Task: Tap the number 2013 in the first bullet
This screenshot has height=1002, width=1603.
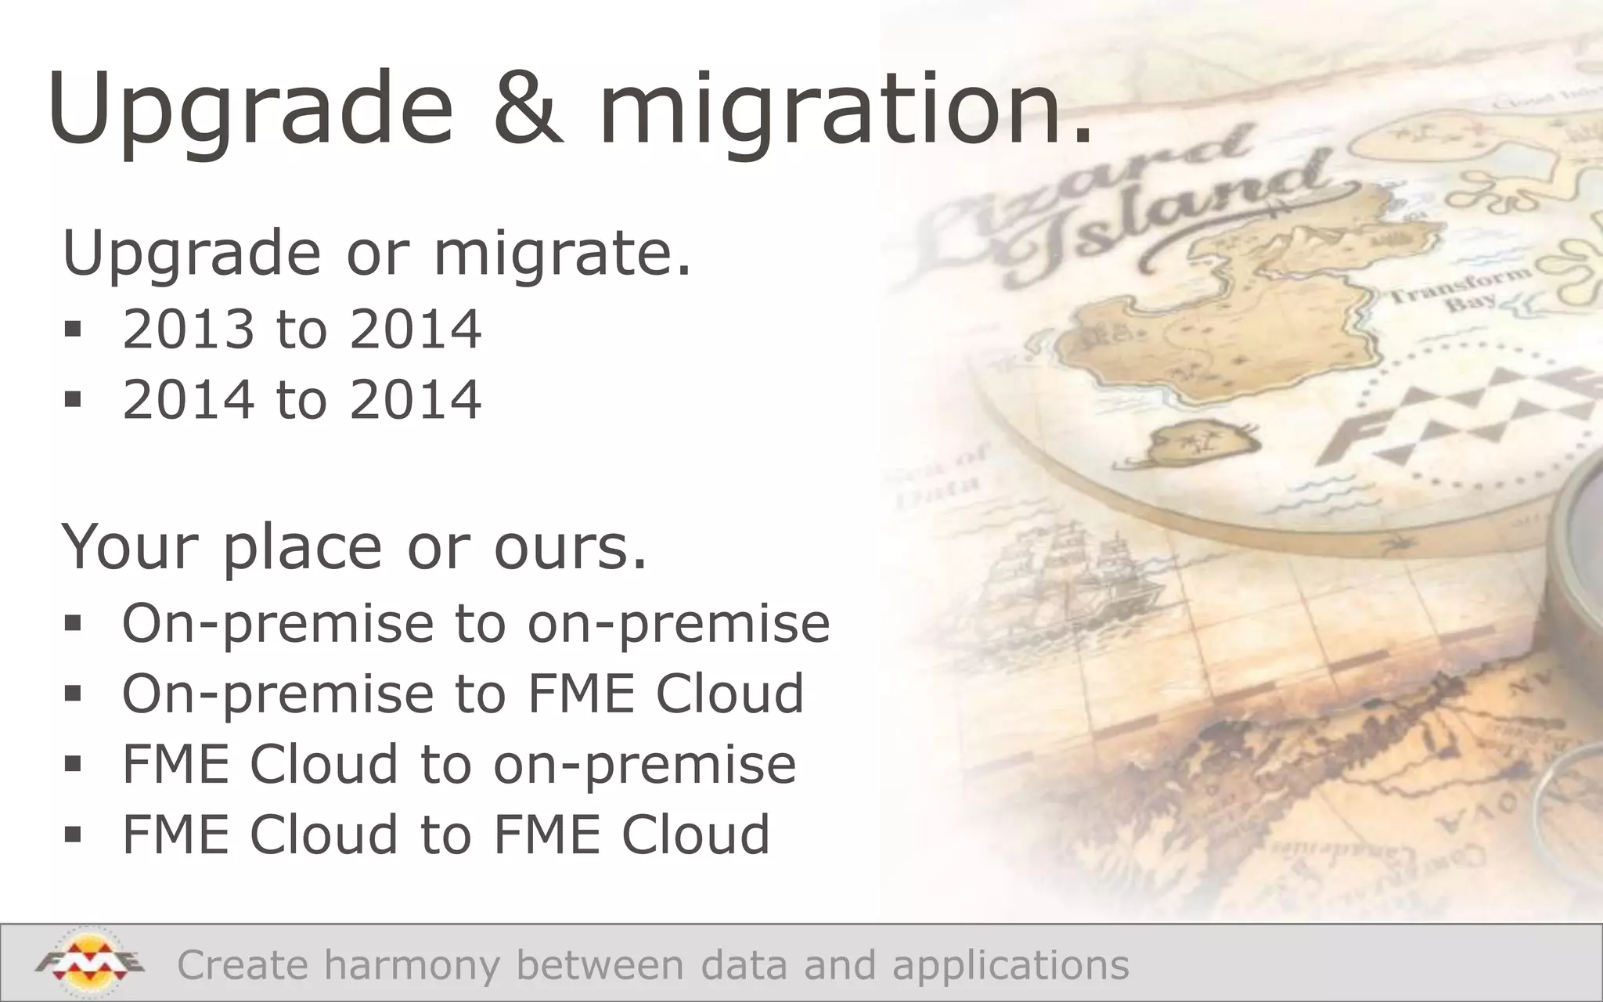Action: (189, 329)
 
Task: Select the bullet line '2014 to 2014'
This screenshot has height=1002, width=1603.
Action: (301, 399)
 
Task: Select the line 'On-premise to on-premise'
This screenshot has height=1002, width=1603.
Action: (475, 624)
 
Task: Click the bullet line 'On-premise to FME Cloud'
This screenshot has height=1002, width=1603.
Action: (463, 694)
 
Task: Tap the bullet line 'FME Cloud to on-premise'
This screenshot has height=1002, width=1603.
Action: (459, 764)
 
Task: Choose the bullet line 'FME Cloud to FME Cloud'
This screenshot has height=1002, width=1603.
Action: (446, 834)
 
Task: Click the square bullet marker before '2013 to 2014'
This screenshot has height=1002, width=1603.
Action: (74, 330)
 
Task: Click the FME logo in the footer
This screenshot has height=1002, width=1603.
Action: (88, 962)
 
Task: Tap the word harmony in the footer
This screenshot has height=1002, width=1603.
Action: (411, 964)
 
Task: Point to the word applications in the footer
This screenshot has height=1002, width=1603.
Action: (1010, 964)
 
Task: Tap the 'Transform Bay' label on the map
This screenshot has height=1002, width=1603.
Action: (1460, 290)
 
